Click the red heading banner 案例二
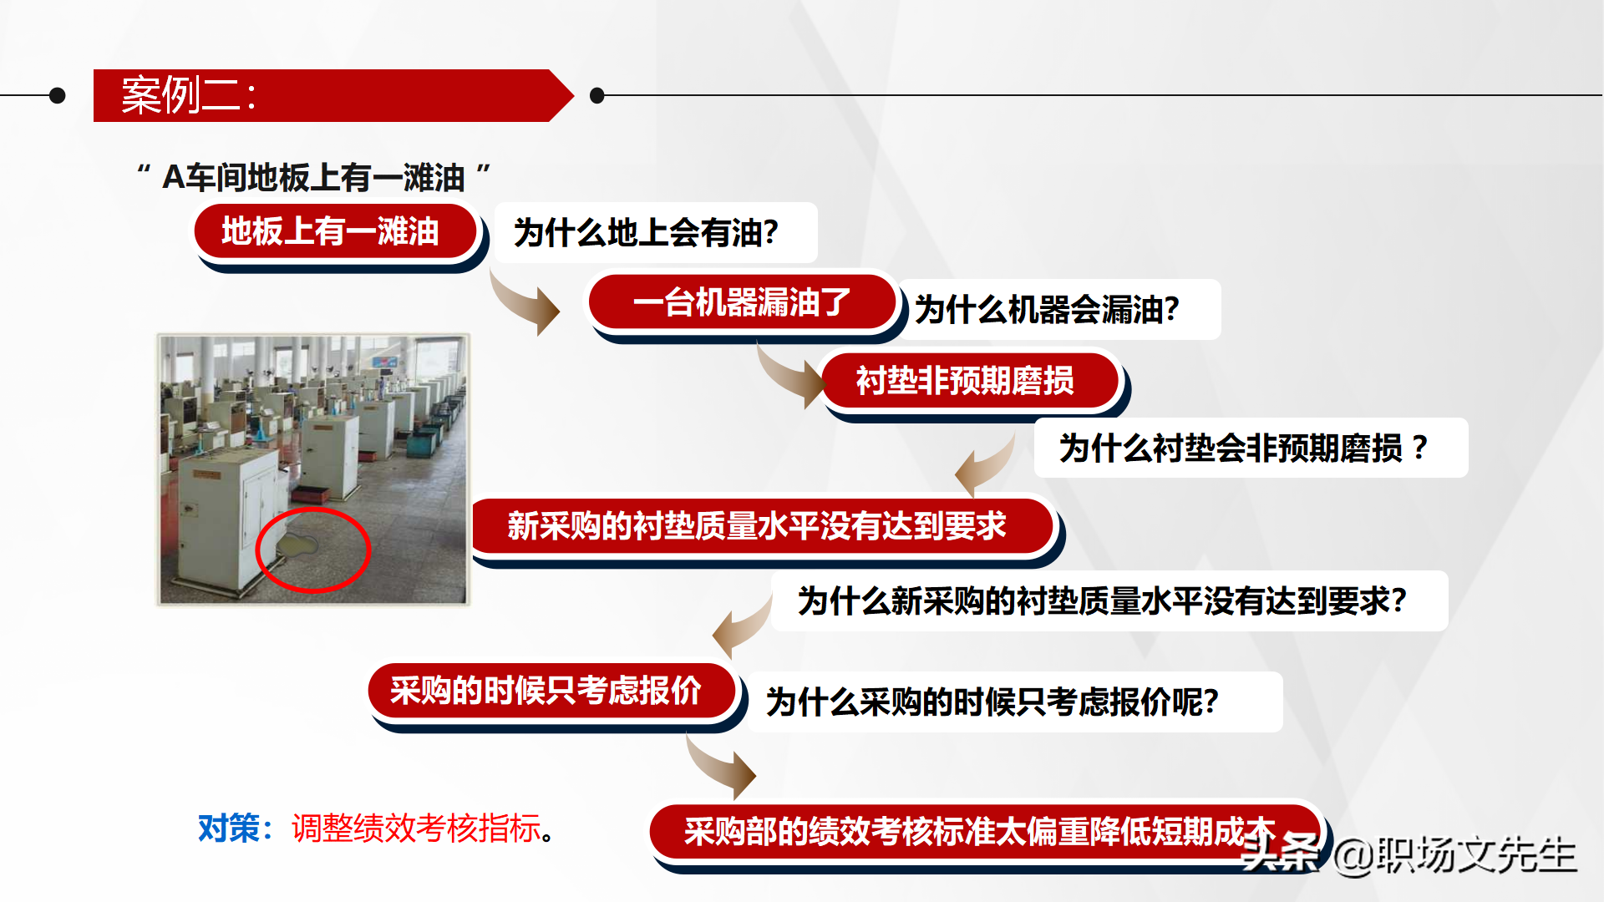[332, 95]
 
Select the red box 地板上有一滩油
[336, 231]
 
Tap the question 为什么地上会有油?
[646, 233]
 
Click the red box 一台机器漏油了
[743, 302]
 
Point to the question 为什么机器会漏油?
[1047, 310]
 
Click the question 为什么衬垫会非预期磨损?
[1244, 448]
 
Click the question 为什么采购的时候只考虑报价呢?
[992, 702]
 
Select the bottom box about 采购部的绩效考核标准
[985, 832]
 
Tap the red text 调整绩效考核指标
[416, 829]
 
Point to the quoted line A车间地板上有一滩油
[313, 177]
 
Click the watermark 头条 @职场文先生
[1409, 854]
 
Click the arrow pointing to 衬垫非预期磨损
[790, 376]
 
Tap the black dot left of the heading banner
[58, 95]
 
